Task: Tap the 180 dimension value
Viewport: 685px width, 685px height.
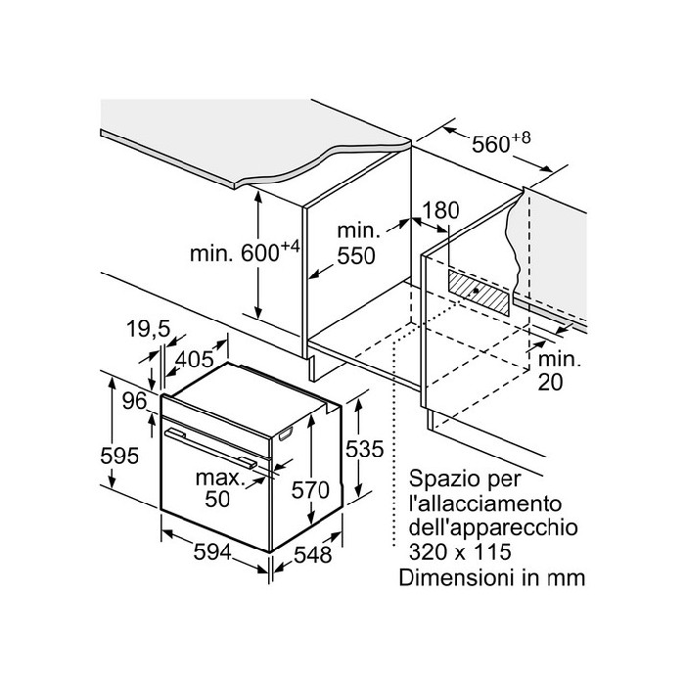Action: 441,210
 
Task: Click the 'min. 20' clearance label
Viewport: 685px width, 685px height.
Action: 559,371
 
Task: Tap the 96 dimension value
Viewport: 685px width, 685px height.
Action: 134,400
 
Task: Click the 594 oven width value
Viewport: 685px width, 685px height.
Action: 210,553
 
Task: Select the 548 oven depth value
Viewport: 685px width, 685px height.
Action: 310,555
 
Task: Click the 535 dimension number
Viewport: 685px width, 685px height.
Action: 362,451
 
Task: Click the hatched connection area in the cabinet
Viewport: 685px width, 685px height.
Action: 480,291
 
